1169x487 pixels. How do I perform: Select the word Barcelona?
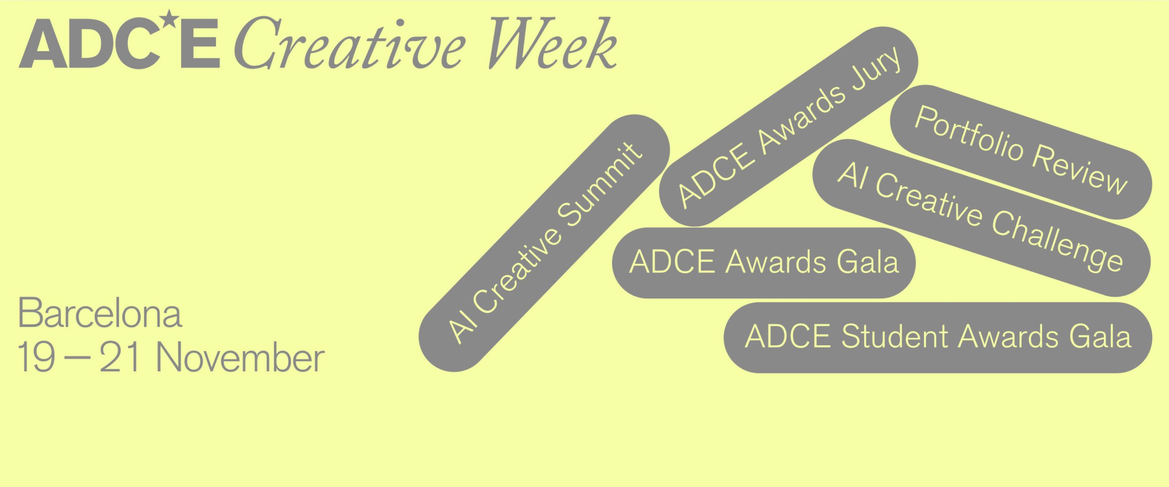[x=100, y=313]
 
